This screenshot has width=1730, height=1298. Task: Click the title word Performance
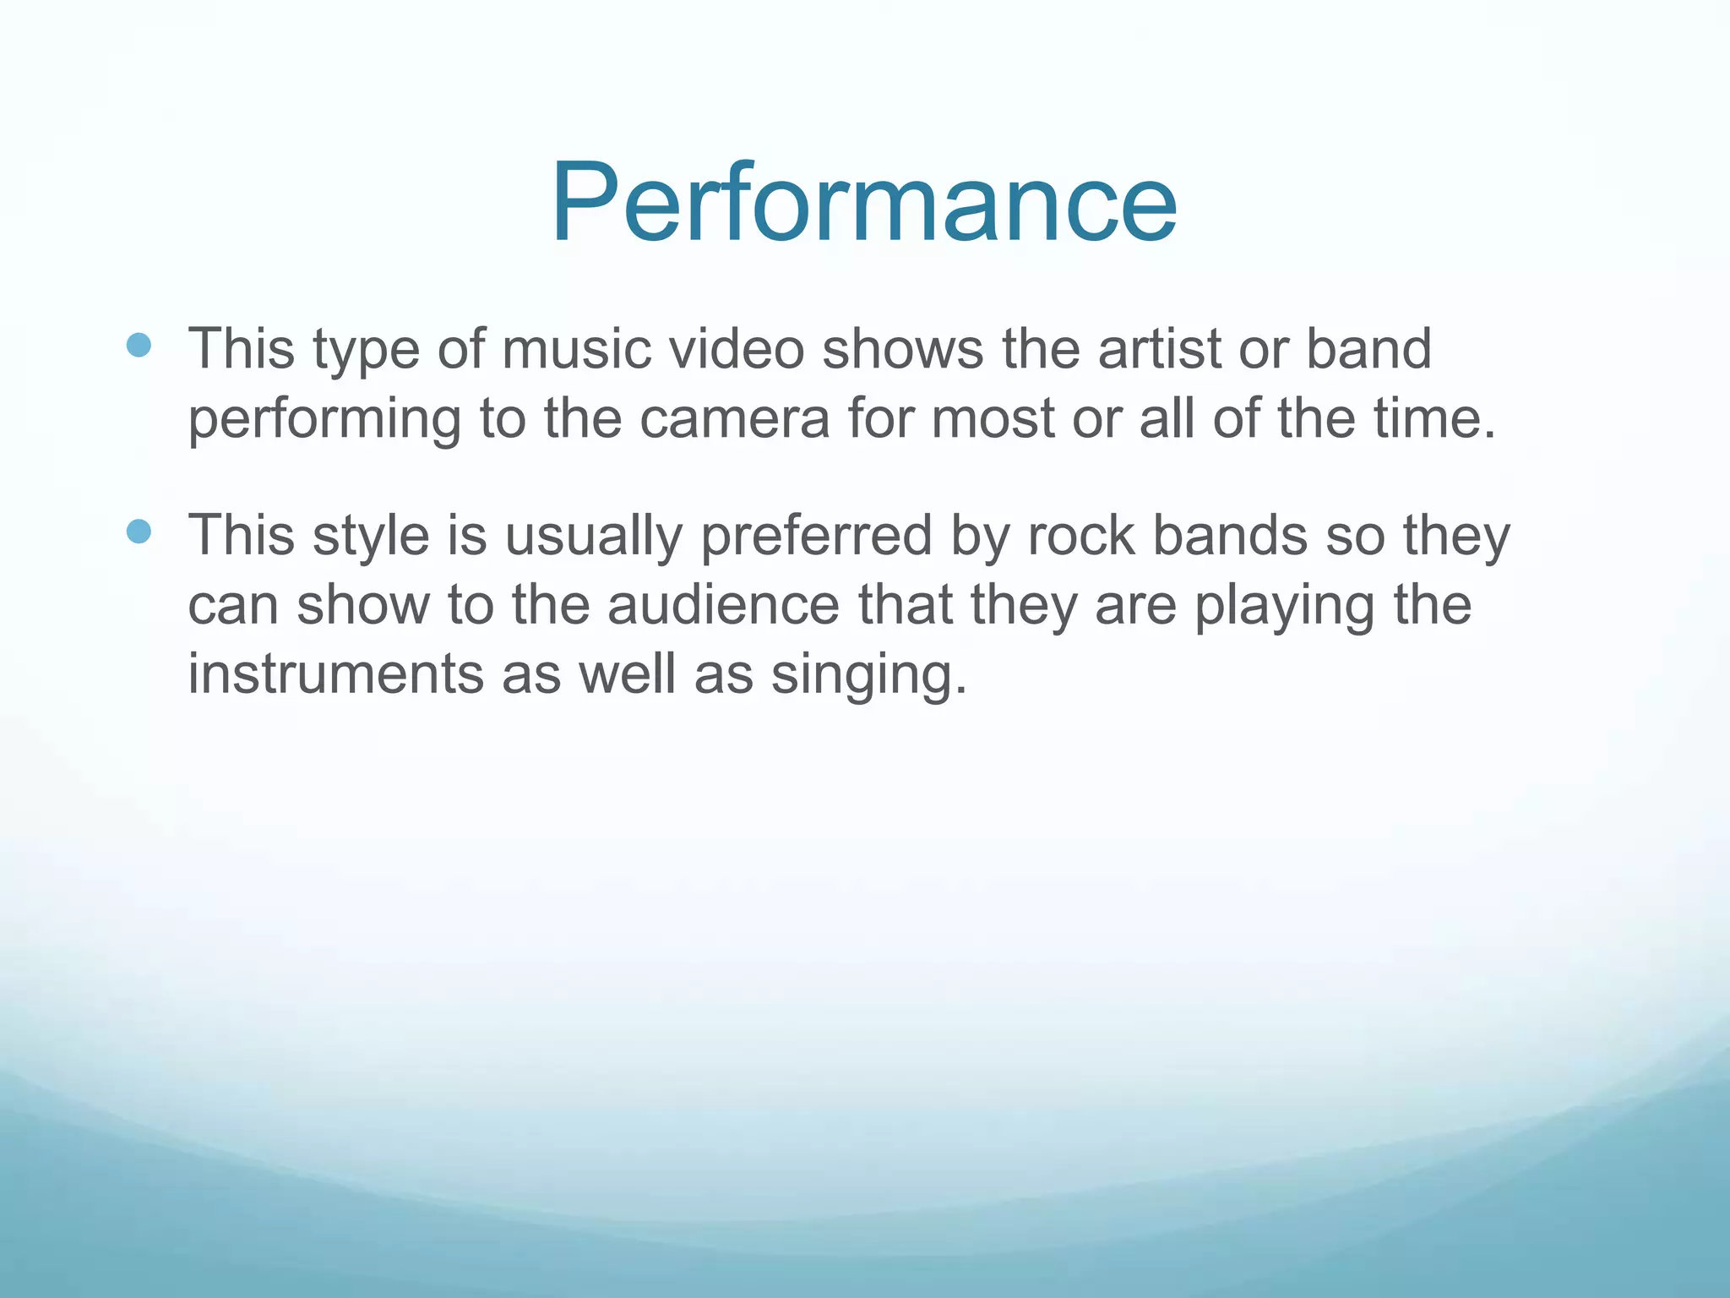pos(863,203)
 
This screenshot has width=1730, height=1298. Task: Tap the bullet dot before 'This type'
pos(139,345)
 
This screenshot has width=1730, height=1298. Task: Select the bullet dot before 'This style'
pos(139,532)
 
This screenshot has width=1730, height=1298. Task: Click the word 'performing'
pos(324,420)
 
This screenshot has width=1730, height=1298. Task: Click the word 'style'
pos(371,537)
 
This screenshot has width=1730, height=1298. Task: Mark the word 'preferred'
pos(816,537)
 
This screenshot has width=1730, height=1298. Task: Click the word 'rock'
pos(1081,535)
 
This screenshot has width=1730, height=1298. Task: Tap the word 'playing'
pos(1285,607)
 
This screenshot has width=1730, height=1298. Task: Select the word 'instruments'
pos(335,674)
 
